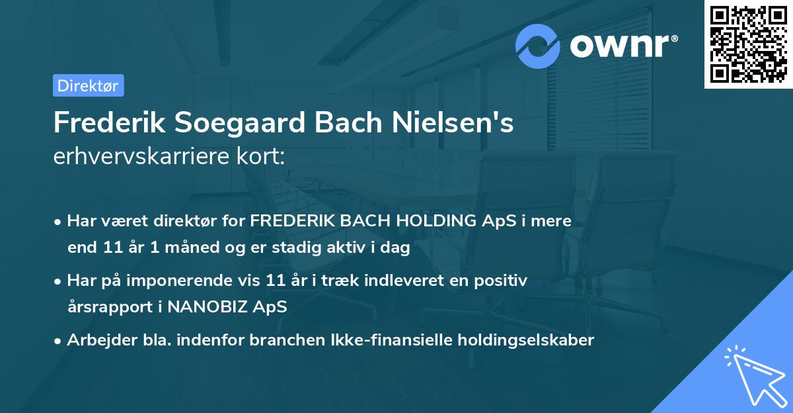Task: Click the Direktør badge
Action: click(x=88, y=85)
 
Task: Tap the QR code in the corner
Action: click(x=749, y=44)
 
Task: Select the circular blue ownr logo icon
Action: click(x=538, y=46)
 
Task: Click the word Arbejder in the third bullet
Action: click(x=95, y=340)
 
